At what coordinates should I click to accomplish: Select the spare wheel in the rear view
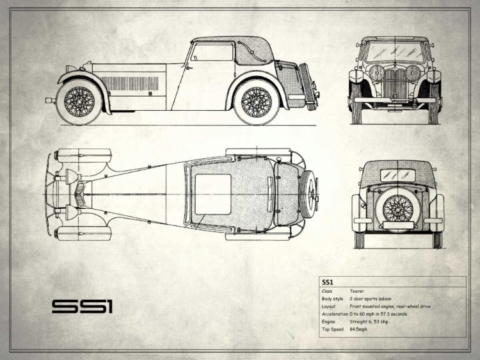pyautogui.click(x=398, y=209)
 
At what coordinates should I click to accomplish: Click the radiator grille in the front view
pyautogui.click(x=396, y=81)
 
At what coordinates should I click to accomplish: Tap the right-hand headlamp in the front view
pyautogui.click(x=414, y=72)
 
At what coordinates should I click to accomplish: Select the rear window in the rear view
pyautogui.click(x=398, y=175)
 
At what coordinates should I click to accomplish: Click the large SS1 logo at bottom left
pyautogui.click(x=83, y=306)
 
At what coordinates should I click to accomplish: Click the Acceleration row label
pyautogui.click(x=335, y=314)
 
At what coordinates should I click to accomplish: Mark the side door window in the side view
pyautogui.click(x=212, y=52)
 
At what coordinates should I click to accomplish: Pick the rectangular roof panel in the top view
pyautogui.click(x=212, y=193)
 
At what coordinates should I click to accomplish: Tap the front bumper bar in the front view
pyautogui.click(x=396, y=100)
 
